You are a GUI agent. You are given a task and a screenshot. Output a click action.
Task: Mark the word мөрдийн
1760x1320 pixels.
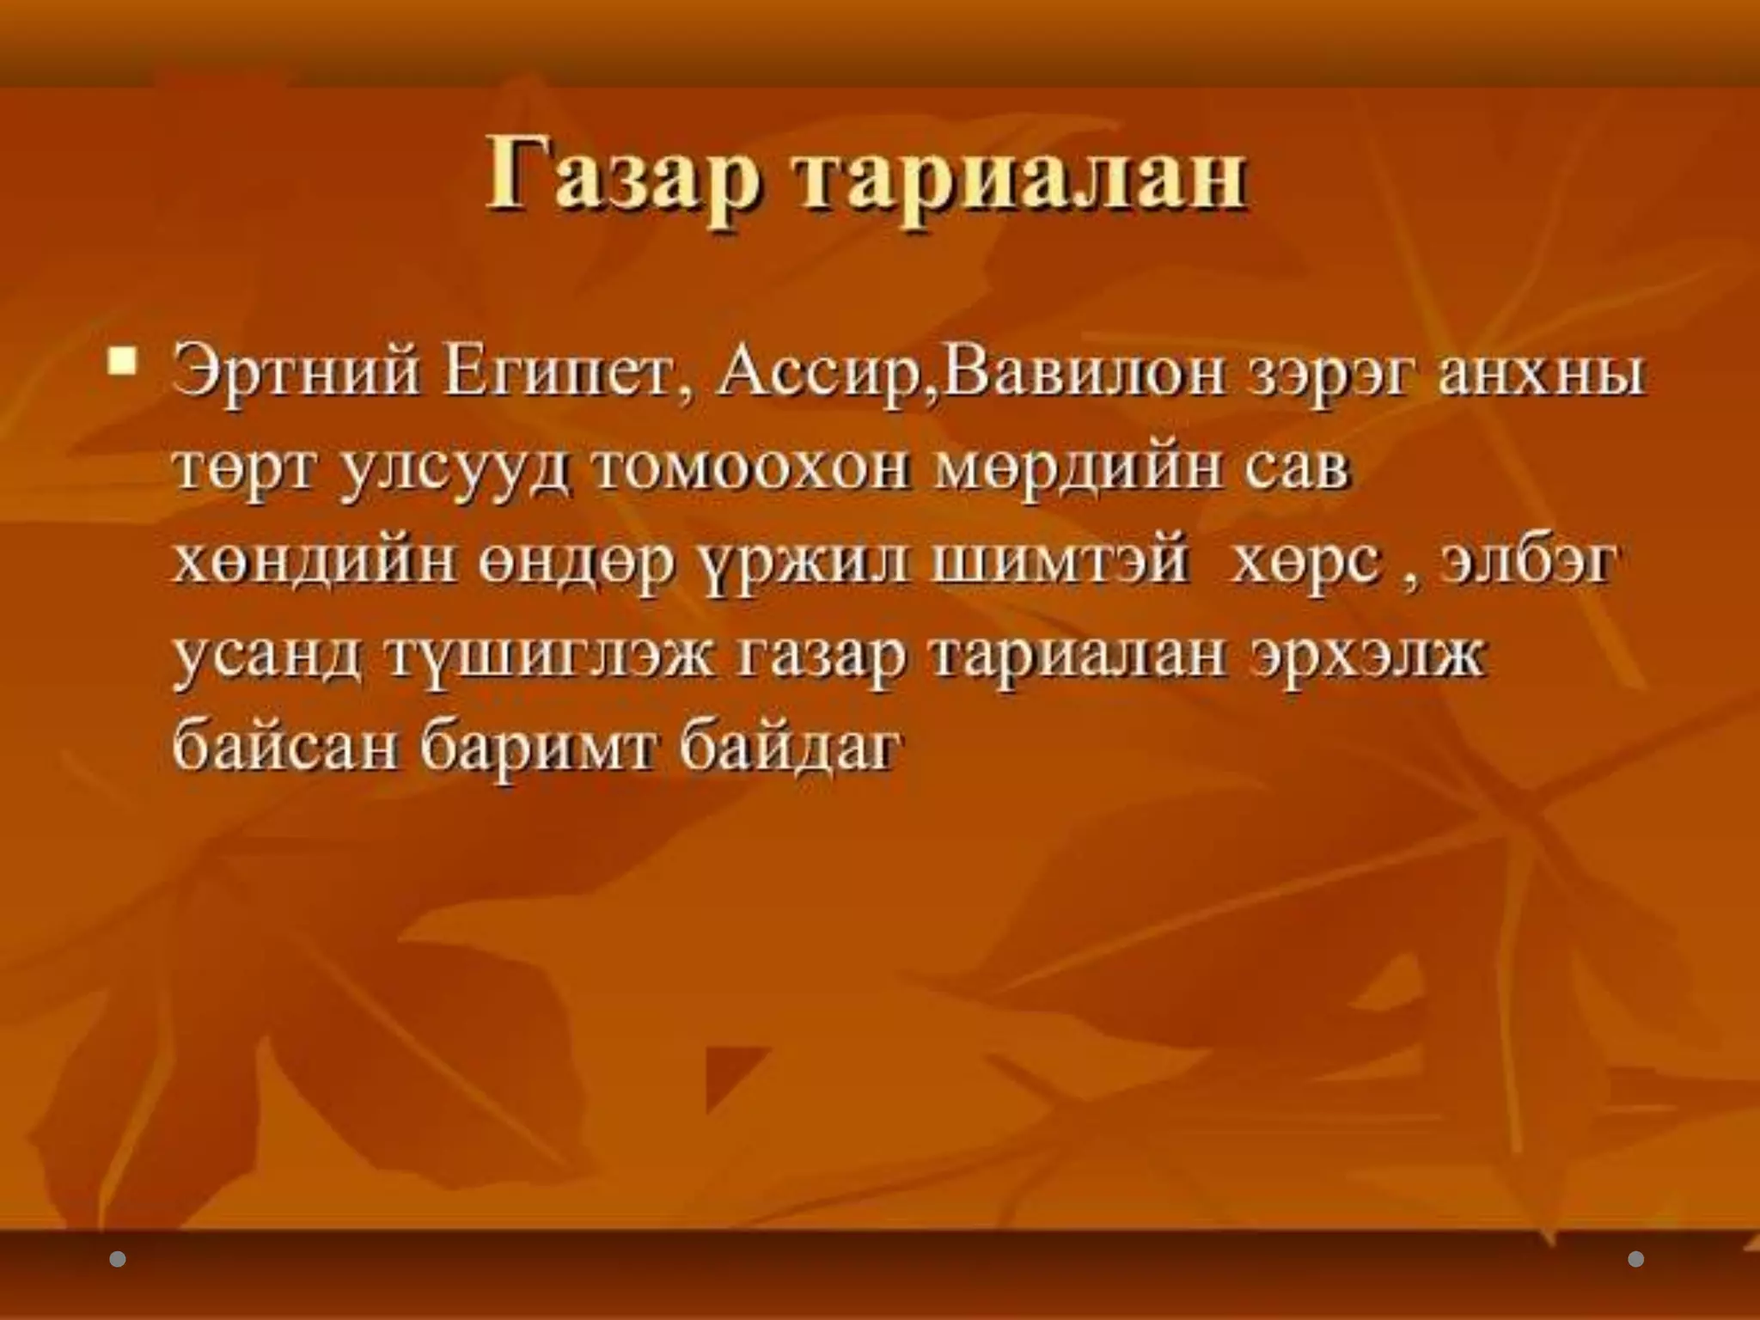tap(1078, 469)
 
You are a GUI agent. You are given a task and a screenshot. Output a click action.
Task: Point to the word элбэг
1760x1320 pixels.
tap(1531, 562)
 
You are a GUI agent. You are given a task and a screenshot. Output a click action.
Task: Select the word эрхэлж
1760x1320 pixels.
tap(1367, 657)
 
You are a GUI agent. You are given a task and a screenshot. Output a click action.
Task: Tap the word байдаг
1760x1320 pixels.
tap(791, 746)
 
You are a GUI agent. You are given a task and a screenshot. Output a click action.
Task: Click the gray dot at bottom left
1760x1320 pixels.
tap(118, 1259)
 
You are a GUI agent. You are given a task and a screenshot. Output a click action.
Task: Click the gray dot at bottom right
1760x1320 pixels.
tap(1636, 1259)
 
